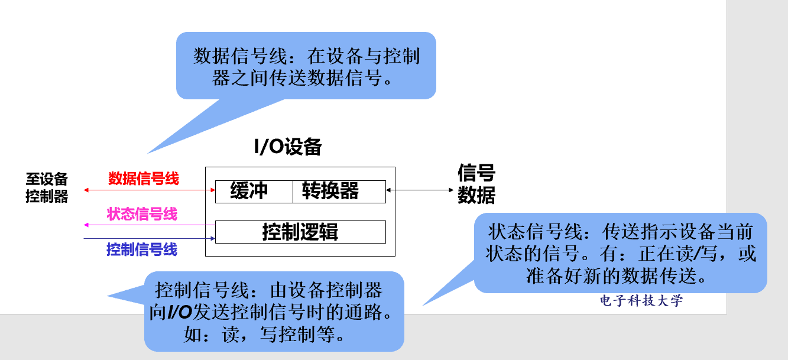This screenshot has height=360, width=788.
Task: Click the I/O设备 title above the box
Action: [288, 147]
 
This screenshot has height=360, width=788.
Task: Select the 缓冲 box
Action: [249, 191]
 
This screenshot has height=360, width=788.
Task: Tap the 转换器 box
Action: [330, 191]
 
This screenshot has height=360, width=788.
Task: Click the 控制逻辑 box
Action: [300, 232]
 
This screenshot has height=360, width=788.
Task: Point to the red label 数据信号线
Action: [144, 178]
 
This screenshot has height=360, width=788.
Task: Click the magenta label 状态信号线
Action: [142, 213]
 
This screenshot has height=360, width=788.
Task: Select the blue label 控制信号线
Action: [142, 249]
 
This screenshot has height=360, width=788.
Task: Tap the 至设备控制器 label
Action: [47, 187]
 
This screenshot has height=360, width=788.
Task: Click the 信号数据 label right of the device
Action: [476, 184]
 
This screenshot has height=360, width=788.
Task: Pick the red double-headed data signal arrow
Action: [150, 190]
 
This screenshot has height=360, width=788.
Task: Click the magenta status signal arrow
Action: [150, 225]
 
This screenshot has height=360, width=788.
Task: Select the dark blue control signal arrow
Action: [150, 238]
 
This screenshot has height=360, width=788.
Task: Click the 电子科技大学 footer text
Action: [641, 300]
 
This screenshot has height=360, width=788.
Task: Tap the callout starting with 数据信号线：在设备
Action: [306, 66]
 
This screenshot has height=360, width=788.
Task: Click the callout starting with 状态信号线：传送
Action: [620, 253]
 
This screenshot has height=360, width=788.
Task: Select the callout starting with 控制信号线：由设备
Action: [274, 312]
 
